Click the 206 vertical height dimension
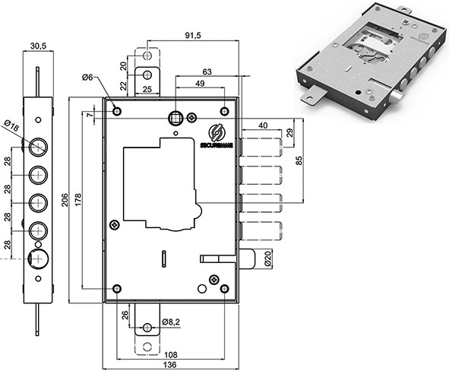click(x=65, y=200)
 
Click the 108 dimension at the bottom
click(x=171, y=354)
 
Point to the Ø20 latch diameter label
click(x=268, y=258)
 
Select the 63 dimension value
click(x=207, y=72)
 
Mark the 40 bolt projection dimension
click(x=263, y=125)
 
